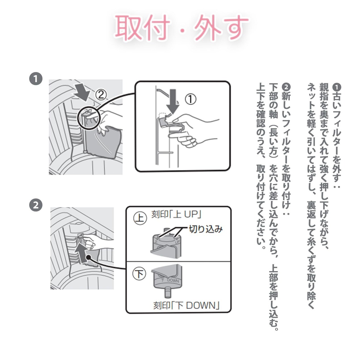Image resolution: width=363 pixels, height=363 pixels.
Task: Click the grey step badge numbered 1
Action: coord(36,79)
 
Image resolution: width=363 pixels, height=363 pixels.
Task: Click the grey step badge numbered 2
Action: coord(36,205)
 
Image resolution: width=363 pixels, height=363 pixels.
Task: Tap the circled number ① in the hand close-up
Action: coord(191,99)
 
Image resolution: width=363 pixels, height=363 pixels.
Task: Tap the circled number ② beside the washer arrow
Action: coord(101,95)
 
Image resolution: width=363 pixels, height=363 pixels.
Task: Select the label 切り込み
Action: coord(206,229)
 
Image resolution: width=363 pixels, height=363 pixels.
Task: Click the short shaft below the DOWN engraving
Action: coord(168,293)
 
